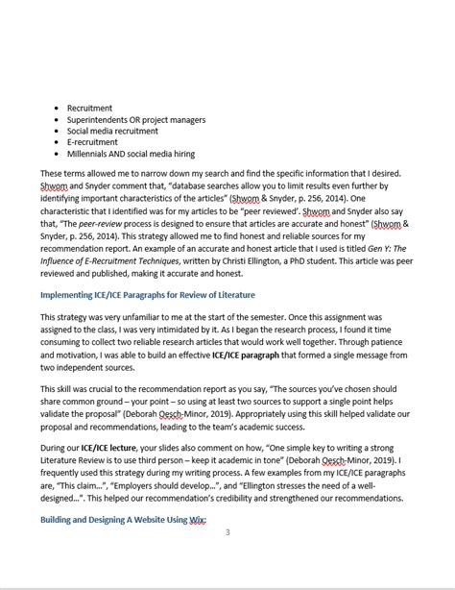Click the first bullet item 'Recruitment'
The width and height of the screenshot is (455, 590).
[x=89, y=108]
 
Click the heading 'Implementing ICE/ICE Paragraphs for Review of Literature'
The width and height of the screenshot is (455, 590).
[x=147, y=294]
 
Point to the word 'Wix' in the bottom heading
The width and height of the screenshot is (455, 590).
[x=198, y=520]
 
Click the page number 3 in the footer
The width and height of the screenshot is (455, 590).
[x=227, y=531]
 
